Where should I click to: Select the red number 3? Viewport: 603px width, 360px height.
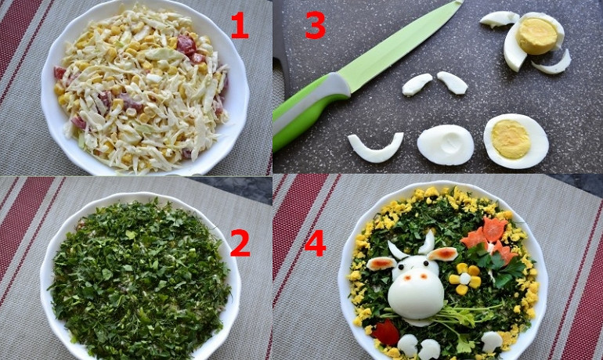(x=316, y=25)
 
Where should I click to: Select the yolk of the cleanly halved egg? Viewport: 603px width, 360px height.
(x=511, y=139)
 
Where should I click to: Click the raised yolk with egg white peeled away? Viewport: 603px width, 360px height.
(x=536, y=35)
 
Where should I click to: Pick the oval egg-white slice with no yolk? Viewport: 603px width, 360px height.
(x=446, y=145)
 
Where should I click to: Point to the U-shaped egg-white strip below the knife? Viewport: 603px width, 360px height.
(x=375, y=153)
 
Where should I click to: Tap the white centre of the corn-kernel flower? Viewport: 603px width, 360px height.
(x=465, y=279)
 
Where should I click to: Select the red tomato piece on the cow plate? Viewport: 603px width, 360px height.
(x=387, y=333)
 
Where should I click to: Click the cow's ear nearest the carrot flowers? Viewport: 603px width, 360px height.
(x=442, y=254)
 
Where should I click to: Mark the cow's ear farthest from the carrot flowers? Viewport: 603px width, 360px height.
(x=381, y=264)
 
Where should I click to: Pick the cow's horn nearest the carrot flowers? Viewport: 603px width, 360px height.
(x=428, y=242)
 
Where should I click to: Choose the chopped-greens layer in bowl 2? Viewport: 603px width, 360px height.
(x=140, y=277)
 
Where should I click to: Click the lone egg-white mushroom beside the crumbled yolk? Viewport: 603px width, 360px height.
(x=492, y=341)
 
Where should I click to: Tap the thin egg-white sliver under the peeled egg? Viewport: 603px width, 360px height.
(x=551, y=63)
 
